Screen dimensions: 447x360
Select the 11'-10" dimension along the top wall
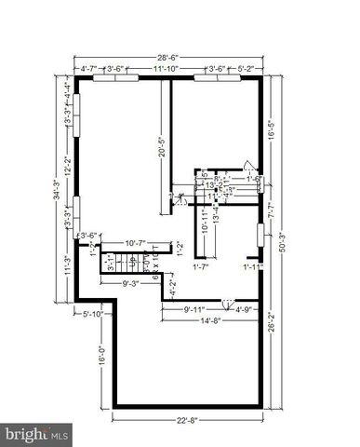pyautogui.click(x=167, y=68)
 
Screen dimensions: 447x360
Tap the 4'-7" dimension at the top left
pyautogui.click(x=91, y=68)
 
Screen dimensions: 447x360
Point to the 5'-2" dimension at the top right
pyautogui.click(x=246, y=68)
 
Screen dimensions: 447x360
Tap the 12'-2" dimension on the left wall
pyautogui.click(x=67, y=163)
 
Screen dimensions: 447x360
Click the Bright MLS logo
pyautogui.click(x=36, y=434)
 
